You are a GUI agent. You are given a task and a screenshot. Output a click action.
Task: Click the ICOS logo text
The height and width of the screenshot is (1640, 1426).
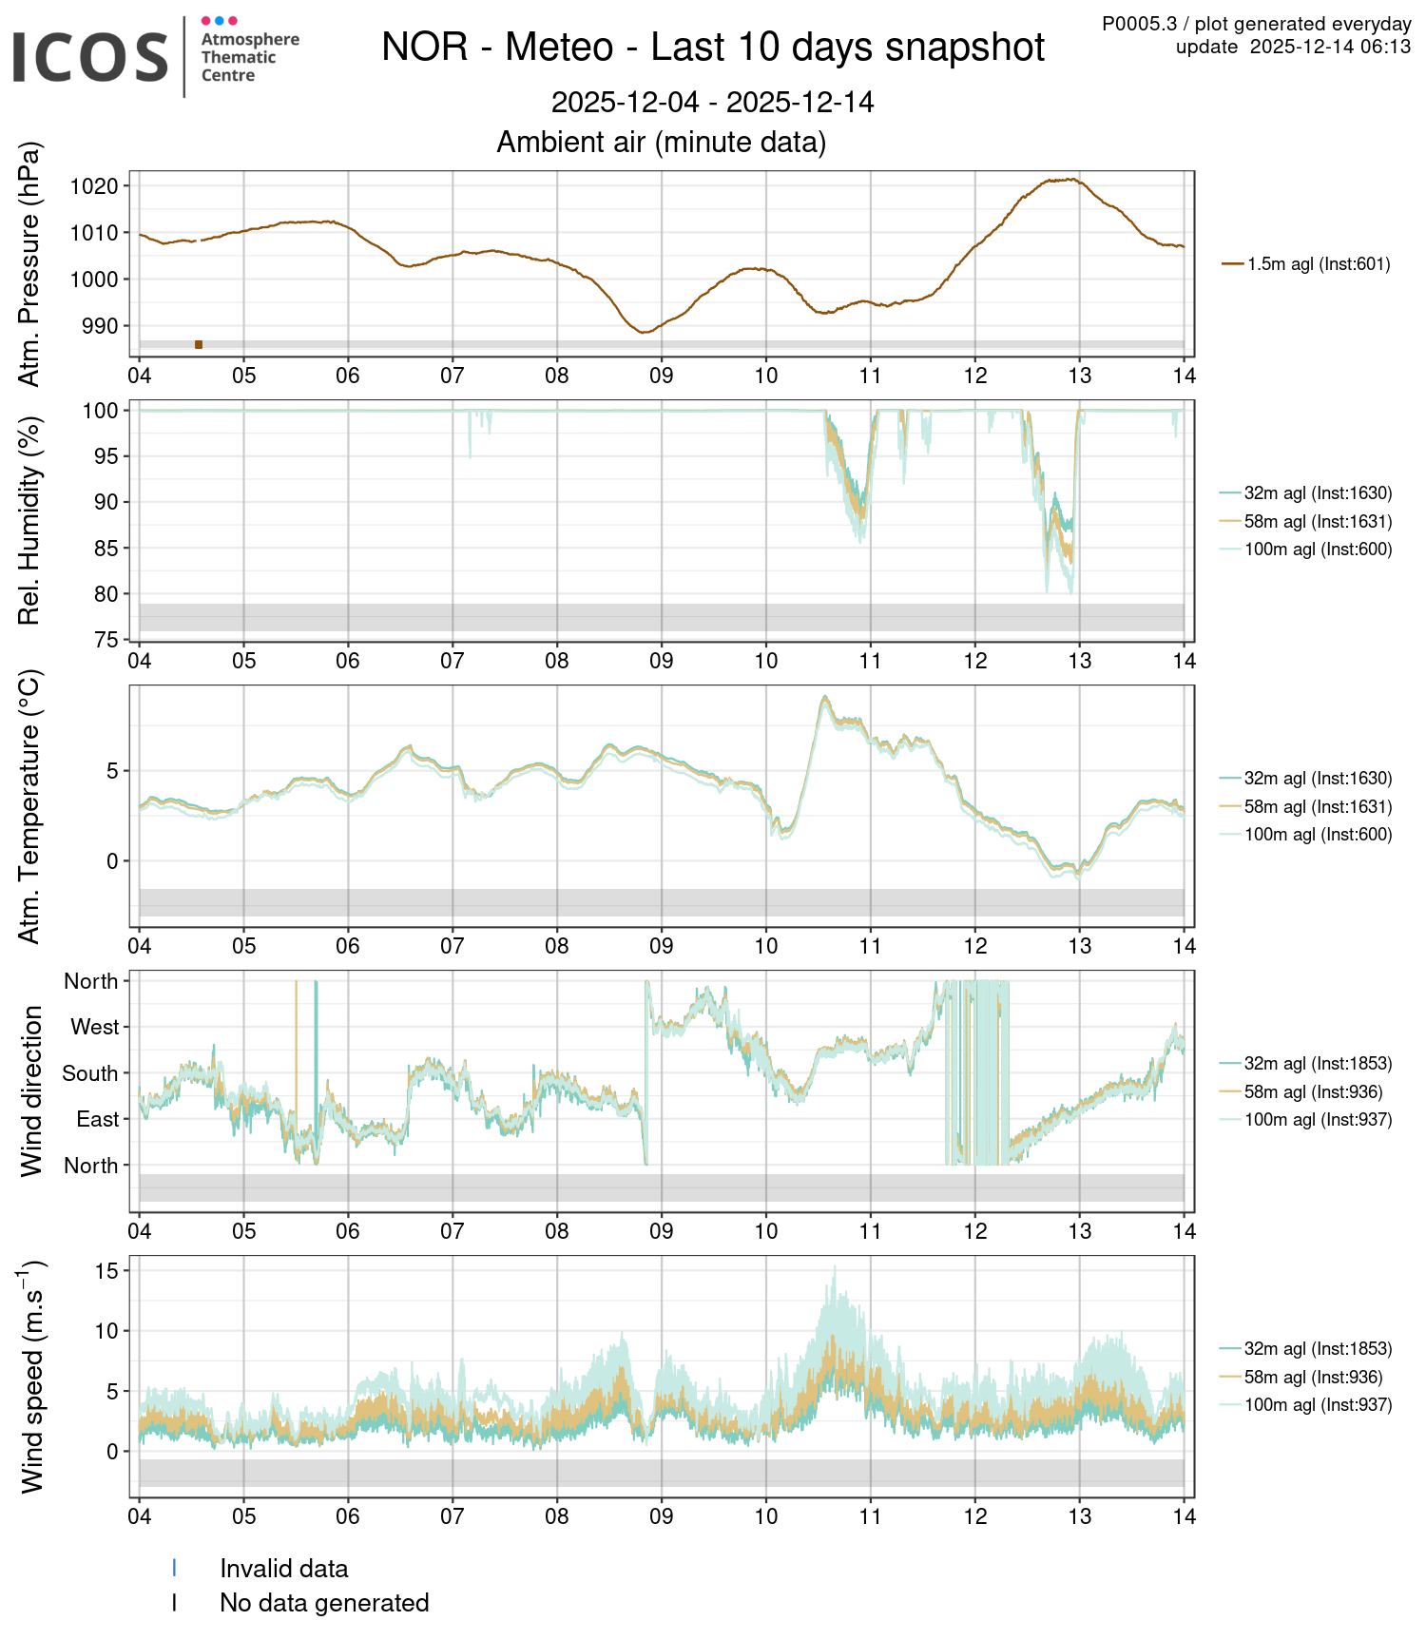[90, 57]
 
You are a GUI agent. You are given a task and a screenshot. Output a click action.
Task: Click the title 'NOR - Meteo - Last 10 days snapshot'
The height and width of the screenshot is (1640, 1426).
[713, 48]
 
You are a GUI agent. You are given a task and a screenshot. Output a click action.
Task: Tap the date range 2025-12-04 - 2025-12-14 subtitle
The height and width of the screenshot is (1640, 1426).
[713, 103]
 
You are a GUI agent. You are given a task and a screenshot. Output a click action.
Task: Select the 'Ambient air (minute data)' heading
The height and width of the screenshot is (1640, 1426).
[661, 143]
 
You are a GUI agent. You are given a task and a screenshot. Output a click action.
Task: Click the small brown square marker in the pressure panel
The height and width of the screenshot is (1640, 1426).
[199, 344]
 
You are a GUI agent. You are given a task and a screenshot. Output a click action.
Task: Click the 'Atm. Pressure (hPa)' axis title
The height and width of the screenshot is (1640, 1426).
[30, 264]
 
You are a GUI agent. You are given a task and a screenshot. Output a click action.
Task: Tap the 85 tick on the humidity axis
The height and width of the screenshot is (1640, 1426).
[105, 549]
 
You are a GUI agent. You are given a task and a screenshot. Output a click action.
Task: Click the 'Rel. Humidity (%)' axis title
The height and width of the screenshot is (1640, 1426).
[30, 521]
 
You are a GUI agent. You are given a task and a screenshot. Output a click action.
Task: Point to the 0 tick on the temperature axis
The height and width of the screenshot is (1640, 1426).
[112, 861]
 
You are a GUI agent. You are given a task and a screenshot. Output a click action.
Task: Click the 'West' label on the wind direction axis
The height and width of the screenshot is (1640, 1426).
[95, 1028]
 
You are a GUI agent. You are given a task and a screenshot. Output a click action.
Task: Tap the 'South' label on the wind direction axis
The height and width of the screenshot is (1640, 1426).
[90, 1074]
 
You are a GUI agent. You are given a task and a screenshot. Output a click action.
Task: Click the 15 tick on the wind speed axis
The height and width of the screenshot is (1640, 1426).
[106, 1271]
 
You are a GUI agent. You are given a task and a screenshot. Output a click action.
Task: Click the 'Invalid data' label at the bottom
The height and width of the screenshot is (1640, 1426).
[283, 1569]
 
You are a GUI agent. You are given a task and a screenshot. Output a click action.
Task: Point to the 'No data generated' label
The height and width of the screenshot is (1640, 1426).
[324, 1603]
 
